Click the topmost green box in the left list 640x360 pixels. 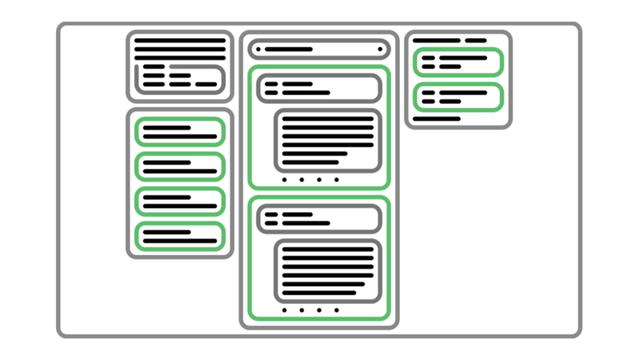coord(179,131)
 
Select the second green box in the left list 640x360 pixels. coord(179,166)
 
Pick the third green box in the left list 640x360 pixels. coord(179,201)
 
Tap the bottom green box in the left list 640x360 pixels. coord(179,236)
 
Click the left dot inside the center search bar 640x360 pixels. coord(258,49)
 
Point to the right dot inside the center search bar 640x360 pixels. coord(380,49)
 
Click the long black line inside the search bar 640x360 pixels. coord(289,49)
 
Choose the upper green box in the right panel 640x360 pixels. coord(458,62)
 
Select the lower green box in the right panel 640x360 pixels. coord(458,97)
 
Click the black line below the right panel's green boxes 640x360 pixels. coord(437,119)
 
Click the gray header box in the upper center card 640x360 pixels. coord(319,88)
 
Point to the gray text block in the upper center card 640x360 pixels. coord(327,140)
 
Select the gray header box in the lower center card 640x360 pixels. coord(319,218)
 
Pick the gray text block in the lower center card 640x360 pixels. coord(327,270)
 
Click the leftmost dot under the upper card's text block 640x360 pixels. coord(285,179)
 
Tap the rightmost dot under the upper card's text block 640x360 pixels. coord(336,179)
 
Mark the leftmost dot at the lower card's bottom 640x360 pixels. coord(285,310)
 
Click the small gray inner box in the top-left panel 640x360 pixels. coord(180,79)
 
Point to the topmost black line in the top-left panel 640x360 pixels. coord(180,41)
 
